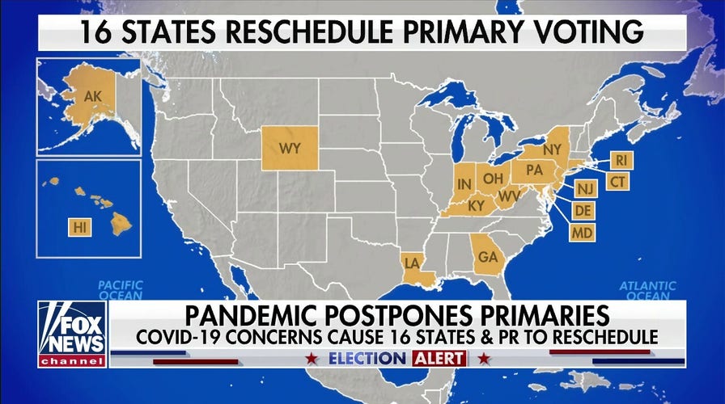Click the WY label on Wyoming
(x=290, y=149)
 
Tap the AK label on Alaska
(x=93, y=98)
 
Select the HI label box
(x=79, y=227)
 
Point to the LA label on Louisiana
(x=411, y=263)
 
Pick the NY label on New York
(x=552, y=150)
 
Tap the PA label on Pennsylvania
(x=533, y=170)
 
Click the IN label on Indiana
(x=465, y=186)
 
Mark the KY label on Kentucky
(x=476, y=205)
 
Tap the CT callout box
(x=618, y=182)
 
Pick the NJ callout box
(x=585, y=189)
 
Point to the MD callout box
(x=582, y=233)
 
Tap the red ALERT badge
(x=439, y=358)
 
